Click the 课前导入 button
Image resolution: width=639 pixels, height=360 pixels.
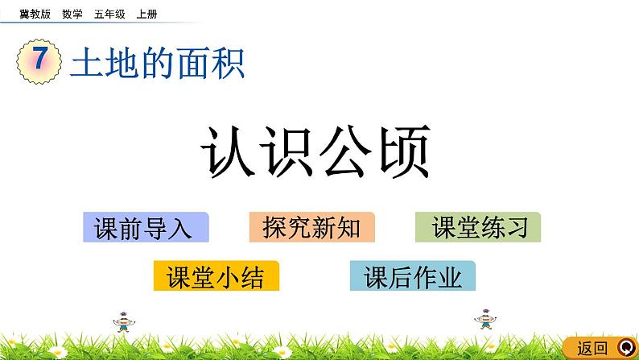[146, 228]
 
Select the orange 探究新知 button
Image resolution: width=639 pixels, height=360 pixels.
[311, 228]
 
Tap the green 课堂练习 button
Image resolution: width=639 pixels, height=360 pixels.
[478, 228]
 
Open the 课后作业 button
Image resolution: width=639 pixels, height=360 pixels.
[413, 277]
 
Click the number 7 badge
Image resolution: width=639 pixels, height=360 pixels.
[38, 64]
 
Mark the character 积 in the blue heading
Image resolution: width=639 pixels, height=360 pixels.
[227, 63]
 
